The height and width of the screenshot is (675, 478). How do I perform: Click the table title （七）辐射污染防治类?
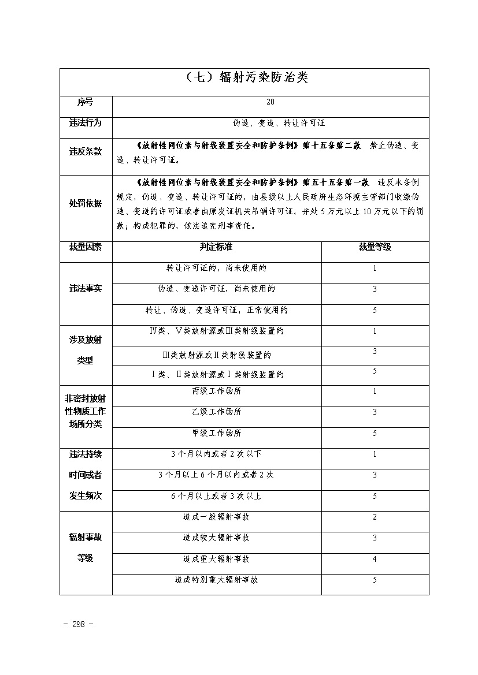[x=244, y=79]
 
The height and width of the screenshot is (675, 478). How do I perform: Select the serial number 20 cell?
[x=271, y=102]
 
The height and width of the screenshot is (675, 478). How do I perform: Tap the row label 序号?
[x=85, y=102]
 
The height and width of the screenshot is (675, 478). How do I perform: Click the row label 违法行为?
[x=85, y=123]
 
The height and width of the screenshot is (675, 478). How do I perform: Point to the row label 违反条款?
[x=85, y=151]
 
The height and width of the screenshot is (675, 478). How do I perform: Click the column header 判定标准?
[x=216, y=247]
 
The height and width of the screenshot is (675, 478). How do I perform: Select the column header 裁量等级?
[x=375, y=247]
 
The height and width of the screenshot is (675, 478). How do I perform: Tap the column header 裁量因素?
[x=85, y=247]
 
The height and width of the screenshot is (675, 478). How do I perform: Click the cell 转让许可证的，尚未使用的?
[x=216, y=268]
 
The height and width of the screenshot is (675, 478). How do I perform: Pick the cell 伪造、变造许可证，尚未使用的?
[x=216, y=289]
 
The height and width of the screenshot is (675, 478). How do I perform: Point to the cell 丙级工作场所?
[x=216, y=391]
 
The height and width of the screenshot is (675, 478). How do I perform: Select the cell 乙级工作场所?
[x=216, y=412]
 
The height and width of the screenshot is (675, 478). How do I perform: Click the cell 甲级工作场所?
[x=216, y=433]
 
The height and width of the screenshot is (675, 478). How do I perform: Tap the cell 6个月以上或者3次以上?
[x=216, y=496]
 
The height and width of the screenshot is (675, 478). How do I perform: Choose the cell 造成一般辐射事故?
[x=216, y=517]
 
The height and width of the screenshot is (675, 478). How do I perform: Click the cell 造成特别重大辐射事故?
[x=216, y=580]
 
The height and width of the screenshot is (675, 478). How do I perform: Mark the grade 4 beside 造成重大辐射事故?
[x=375, y=559]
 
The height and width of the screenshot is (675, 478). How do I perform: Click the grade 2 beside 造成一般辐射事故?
[x=375, y=517]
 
